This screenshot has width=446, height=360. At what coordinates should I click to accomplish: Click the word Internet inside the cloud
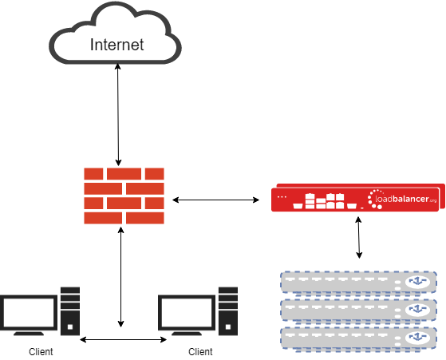(117, 45)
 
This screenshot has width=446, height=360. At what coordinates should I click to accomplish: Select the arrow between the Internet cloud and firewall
(118, 114)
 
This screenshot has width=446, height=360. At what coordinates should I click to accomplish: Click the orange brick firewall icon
(124, 196)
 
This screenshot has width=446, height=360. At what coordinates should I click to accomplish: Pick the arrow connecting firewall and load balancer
(215, 200)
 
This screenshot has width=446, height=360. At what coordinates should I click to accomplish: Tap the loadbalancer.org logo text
(405, 199)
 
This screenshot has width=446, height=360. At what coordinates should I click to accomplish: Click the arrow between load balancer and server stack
(359, 237)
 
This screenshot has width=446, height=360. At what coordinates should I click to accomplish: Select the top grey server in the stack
(359, 283)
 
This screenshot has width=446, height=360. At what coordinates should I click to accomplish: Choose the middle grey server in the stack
(359, 311)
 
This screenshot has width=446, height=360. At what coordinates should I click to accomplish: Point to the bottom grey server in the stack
(359, 338)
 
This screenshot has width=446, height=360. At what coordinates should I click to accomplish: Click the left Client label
(41, 352)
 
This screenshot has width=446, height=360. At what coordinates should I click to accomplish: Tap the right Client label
(200, 352)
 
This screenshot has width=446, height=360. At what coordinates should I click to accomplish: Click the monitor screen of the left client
(29, 312)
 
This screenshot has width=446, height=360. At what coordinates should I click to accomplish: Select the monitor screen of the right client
(187, 312)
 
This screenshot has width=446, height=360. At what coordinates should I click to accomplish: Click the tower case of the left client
(70, 311)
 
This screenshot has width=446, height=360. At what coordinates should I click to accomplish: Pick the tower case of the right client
(228, 311)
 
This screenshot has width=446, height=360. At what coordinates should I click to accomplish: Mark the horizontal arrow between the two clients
(123, 339)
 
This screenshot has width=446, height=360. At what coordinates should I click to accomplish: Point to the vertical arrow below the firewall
(121, 277)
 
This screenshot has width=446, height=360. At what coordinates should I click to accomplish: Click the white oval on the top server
(417, 282)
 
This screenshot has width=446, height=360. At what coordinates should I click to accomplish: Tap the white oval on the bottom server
(417, 338)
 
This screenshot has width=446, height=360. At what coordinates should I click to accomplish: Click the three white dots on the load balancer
(282, 197)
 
